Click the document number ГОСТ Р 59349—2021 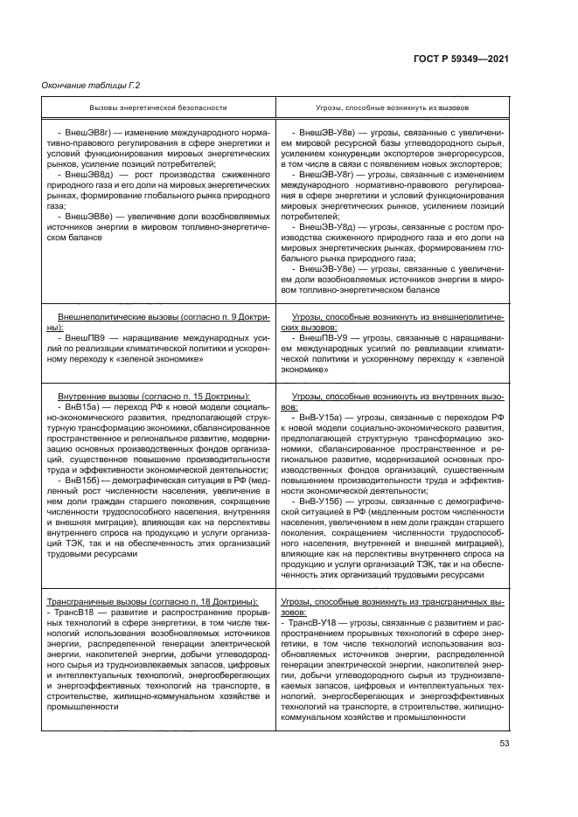(x=468, y=59)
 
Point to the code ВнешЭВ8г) (x=85, y=131)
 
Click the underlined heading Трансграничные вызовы (x=89, y=602)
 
